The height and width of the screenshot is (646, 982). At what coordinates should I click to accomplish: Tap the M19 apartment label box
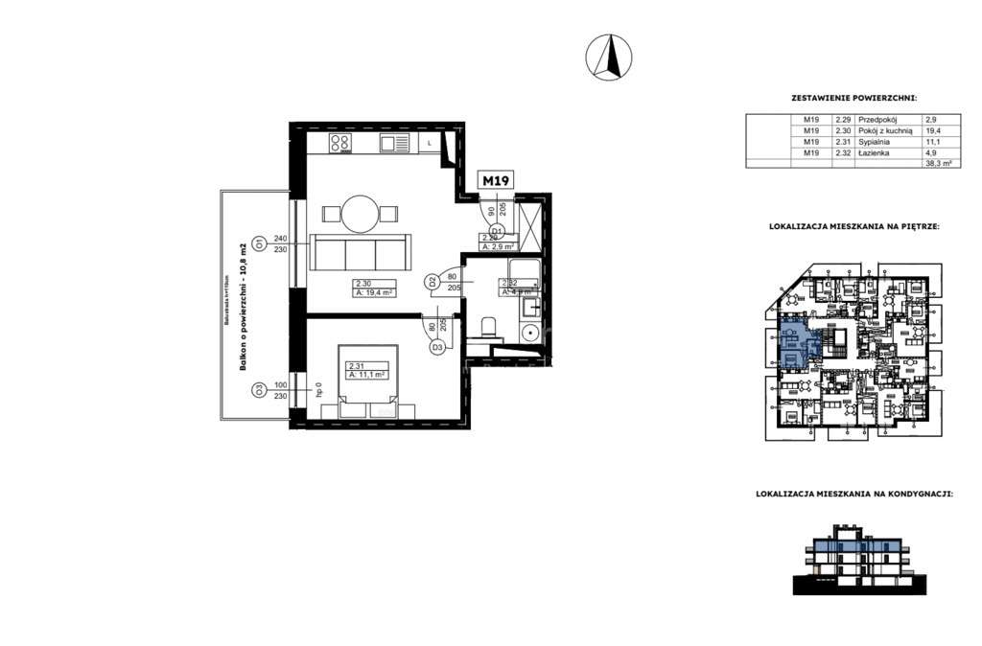(x=495, y=180)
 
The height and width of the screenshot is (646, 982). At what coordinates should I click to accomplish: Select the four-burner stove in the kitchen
(x=340, y=144)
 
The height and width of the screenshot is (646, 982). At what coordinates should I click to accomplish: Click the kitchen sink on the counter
(x=394, y=144)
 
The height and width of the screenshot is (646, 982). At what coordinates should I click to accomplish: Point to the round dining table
(x=361, y=213)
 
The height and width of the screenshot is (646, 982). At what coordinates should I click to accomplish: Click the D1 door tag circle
(x=497, y=231)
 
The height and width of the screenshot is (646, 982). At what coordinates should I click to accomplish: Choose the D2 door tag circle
(x=433, y=282)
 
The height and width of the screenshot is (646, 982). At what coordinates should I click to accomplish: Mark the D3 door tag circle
(x=436, y=348)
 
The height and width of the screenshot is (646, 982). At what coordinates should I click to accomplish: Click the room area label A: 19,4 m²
(x=371, y=293)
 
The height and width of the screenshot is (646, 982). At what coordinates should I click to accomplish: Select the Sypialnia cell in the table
(x=875, y=142)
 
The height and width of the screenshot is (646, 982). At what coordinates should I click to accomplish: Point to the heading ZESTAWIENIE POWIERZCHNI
(x=853, y=98)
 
